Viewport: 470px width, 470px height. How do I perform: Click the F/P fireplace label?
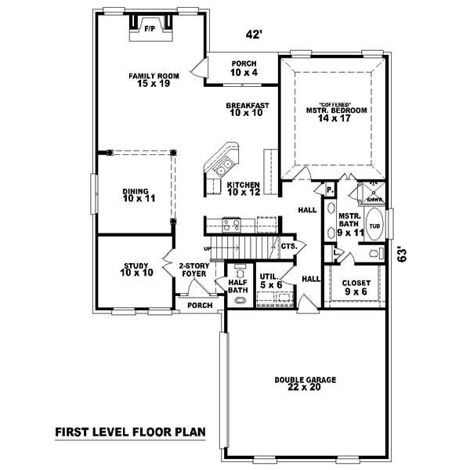pos(149,29)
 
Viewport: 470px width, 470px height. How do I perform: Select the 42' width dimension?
pos(252,34)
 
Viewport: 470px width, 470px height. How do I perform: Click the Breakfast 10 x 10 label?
pos(248,110)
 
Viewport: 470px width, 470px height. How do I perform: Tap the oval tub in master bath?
pos(375,225)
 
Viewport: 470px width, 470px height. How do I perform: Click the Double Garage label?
pos(305,384)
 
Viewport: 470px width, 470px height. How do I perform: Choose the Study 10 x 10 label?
pos(135,269)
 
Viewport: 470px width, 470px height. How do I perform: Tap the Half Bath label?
pos(238,287)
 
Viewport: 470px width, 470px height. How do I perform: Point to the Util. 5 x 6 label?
pos(270,280)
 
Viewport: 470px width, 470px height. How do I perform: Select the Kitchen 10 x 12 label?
pos(243,189)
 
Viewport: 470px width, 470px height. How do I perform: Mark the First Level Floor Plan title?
pos(129,432)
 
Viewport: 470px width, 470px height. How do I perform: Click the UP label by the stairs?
pos(208,248)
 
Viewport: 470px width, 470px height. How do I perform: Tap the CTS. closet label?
pos(287,246)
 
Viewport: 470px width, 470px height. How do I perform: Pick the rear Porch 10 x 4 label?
pos(243,69)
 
